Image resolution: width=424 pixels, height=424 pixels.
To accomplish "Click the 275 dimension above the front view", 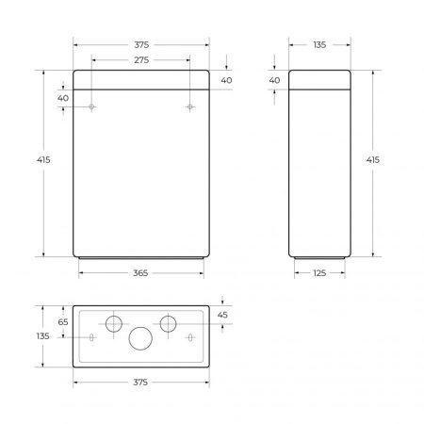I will tap(141, 60).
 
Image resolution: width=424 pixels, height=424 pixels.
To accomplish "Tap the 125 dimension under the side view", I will tap(321, 272).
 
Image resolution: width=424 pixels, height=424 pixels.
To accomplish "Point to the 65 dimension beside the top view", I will tap(63, 322).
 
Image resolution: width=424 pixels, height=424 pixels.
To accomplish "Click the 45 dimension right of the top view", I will tap(222, 315).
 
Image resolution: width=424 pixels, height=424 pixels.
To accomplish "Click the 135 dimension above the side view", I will tap(321, 44).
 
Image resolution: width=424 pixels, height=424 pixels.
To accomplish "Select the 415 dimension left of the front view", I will tap(43, 160).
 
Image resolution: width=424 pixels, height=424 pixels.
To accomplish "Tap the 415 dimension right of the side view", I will tap(372, 160).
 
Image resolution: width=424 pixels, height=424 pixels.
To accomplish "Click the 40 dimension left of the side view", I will tap(274, 81).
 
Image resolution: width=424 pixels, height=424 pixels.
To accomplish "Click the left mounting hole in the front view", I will tap(91, 107).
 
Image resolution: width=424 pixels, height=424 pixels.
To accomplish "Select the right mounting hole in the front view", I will tap(190, 107).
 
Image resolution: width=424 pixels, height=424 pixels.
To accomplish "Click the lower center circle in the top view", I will tap(141, 339).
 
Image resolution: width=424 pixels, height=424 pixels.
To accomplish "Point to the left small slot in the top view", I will tap(91, 337).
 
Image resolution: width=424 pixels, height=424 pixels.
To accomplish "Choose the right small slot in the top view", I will tap(190, 337).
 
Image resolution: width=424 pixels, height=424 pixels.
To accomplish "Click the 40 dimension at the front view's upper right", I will tap(227, 81).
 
